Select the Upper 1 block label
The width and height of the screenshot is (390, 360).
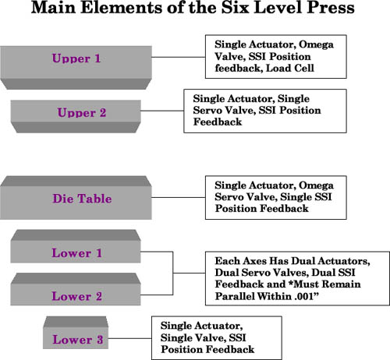coord(76,58)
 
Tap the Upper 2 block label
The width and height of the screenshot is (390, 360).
coord(82,113)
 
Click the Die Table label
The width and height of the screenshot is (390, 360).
coord(82,199)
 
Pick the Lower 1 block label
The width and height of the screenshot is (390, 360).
coord(76,253)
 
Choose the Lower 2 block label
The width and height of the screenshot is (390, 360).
coord(76,296)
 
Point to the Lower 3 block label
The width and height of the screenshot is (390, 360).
coord(78,340)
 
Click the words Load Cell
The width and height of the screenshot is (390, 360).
coord(290,69)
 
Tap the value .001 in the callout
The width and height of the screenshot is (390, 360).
coord(304,296)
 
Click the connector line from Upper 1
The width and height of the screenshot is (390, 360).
coord(179,57)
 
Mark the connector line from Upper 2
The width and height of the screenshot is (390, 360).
coord(162,111)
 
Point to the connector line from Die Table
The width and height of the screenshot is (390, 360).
coord(179,197)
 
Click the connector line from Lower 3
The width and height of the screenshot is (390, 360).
coord(129,338)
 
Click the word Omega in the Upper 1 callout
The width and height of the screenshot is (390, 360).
coord(316,45)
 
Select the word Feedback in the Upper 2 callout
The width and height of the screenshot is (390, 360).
coord(218,122)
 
